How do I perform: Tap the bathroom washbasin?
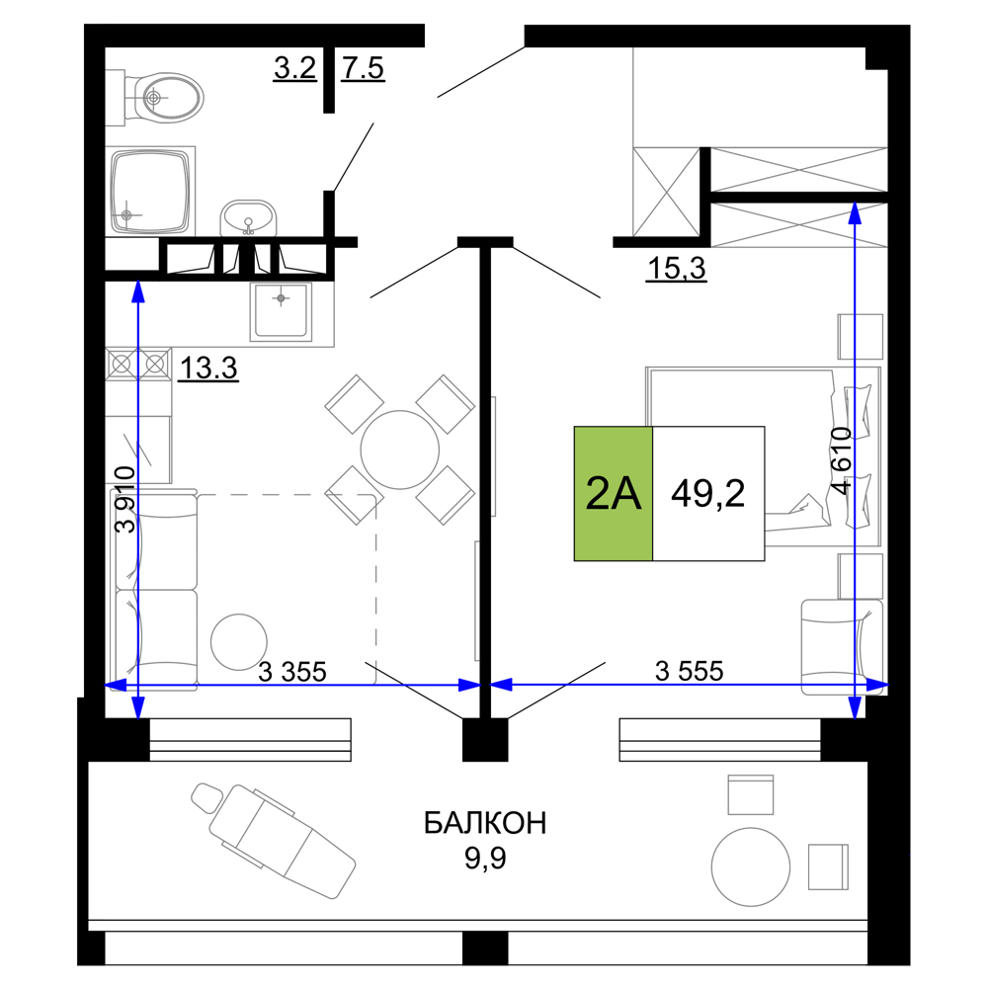(x=248, y=218)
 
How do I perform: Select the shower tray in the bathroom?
(x=150, y=191)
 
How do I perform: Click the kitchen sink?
(x=281, y=311)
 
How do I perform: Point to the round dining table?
(x=399, y=450)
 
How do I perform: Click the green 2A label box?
(x=614, y=493)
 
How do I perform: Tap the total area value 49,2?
(x=707, y=493)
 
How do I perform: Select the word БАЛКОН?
(x=484, y=823)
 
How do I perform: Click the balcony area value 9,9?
(x=485, y=859)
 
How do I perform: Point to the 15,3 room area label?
(x=676, y=269)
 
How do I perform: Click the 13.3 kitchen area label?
(x=208, y=368)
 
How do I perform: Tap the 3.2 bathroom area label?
(x=294, y=67)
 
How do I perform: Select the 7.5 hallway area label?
(x=363, y=68)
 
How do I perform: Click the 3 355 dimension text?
(x=292, y=672)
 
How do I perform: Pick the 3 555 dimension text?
(x=690, y=671)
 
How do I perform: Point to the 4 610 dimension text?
(x=841, y=460)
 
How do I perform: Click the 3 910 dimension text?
(x=125, y=499)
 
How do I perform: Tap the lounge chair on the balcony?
(x=274, y=840)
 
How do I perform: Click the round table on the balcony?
(x=751, y=867)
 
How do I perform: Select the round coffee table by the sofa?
(x=239, y=642)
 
